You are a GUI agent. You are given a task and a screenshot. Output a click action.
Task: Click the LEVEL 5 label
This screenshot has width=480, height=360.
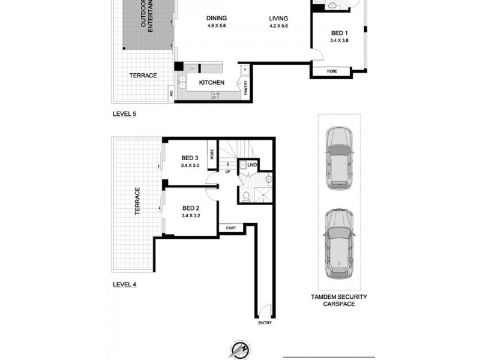125,113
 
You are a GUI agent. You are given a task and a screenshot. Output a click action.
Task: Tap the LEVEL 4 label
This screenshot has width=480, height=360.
125,284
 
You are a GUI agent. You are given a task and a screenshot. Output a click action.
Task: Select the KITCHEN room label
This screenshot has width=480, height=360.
212,82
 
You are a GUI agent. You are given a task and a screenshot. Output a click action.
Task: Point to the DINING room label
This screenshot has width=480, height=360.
217,18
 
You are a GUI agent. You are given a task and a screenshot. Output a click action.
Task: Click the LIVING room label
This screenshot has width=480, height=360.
280,18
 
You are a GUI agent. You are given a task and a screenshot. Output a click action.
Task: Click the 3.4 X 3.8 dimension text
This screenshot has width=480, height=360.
339,41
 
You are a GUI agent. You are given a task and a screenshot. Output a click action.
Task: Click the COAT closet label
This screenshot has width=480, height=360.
230,228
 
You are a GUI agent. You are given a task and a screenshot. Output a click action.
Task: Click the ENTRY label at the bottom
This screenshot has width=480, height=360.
265,323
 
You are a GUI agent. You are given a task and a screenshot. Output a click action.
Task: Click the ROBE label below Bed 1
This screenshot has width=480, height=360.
332,71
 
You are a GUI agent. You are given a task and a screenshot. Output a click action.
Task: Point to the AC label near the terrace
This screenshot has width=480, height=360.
171,94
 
